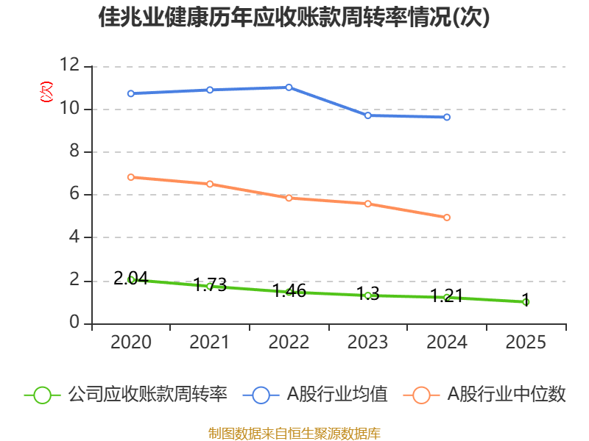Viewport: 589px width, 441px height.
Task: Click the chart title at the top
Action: pyautogui.click(x=294, y=18)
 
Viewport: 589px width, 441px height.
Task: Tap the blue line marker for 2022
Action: pyautogui.click(x=289, y=87)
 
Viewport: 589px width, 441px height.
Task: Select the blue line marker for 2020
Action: pyautogui.click(x=131, y=93)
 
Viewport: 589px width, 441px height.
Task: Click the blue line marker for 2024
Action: pyautogui.click(x=447, y=117)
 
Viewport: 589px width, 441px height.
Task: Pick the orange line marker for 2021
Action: pyautogui.click(x=210, y=184)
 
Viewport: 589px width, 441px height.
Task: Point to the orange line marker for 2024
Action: pyautogui.click(x=447, y=218)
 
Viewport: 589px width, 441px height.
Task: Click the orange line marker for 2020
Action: pyautogui.click(x=131, y=177)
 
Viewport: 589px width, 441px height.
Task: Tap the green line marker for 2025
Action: pyautogui.click(x=526, y=302)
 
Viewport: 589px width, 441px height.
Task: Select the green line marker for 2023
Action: pyautogui.click(x=367, y=295)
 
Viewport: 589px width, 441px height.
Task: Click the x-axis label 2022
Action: pyautogui.click(x=289, y=343)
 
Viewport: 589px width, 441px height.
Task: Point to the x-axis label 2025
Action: pyautogui.click(x=526, y=343)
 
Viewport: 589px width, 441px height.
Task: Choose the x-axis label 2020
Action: pyautogui.click(x=131, y=343)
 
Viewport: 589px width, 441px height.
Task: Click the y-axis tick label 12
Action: pyautogui.click(x=70, y=66)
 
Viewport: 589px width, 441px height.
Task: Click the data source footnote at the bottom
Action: pyautogui.click(x=294, y=433)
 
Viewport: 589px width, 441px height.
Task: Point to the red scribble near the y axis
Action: pyautogui.click(x=47, y=92)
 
